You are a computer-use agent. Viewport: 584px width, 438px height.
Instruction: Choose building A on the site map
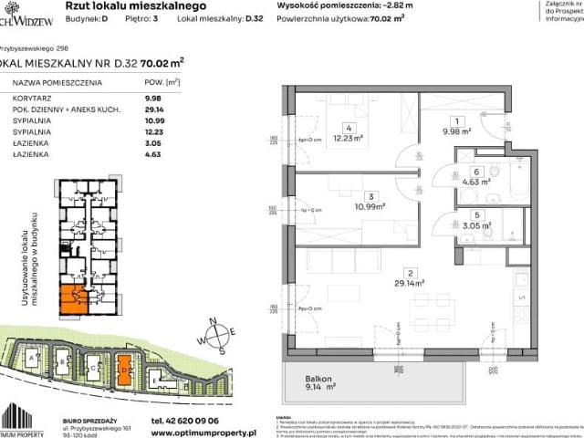[x=34, y=360]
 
